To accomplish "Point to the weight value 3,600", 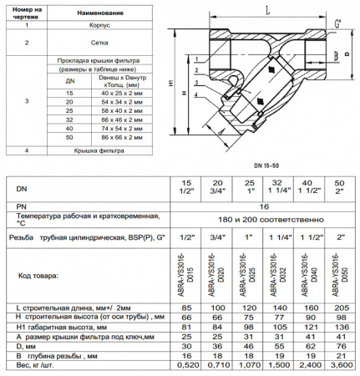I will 340,365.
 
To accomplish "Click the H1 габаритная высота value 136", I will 340,327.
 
